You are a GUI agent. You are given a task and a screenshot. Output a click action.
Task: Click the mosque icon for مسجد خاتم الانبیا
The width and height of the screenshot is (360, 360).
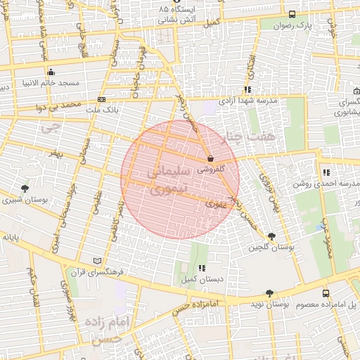tap(51, 72)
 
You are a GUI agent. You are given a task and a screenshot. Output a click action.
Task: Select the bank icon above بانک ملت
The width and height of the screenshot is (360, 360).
tap(102, 100)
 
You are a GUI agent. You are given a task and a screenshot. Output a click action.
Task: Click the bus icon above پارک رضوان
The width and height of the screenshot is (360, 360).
tap(292, 15)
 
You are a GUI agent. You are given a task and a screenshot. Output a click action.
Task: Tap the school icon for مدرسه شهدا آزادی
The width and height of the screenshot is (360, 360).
tap(247, 89)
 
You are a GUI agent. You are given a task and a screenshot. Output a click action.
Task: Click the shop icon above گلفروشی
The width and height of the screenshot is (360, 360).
tap(212, 159)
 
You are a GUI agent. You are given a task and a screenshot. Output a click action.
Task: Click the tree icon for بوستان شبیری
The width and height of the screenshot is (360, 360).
tap(25, 188)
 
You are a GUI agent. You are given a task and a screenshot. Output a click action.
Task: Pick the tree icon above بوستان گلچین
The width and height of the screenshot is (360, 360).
tap(272, 237)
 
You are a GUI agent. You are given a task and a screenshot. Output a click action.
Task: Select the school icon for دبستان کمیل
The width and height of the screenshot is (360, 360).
tap(202, 268)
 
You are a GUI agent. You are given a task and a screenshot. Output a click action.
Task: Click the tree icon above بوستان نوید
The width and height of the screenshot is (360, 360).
tap(270, 293)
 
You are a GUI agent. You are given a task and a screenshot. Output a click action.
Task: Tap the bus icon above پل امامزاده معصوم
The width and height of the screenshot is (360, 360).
tap(325, 293)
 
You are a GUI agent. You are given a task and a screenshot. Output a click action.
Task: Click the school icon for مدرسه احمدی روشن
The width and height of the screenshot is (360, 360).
tap(326, 172)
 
